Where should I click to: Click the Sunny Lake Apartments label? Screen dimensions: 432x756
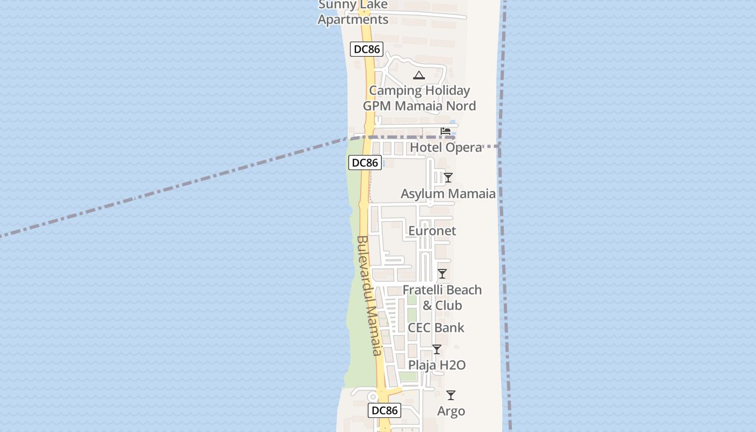pyautogui.click(x=353, y=12)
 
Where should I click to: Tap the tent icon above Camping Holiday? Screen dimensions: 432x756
pyautogui.click(x=419, y=75)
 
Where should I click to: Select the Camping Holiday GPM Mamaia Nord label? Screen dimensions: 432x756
pyautogui.click(x=419, y=98)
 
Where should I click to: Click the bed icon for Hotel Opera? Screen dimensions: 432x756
pyautogui.click(x=446, y=131)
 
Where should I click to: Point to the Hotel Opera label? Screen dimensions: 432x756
pyautogui.click(x=446, y=147)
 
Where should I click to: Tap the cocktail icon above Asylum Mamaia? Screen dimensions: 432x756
pyautogui.click(x=448, y=177)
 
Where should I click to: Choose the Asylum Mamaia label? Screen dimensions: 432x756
pyautogui.click(x=448, y=193)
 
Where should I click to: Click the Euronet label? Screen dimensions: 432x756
pyautogui.click(x=432, y=231)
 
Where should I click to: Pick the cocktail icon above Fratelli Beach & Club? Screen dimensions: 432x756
pyautogui.click(x=442, y=274)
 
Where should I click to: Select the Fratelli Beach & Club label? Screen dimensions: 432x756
pyautogui.click(x=442, y=298)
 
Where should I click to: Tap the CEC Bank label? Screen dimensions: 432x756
pyautogui.click(x=436, y=327)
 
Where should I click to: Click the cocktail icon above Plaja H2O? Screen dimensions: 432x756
pyautogui.click(x=437, y=349)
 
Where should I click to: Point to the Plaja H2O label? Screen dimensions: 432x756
pyautogui.click(x=437, y=365)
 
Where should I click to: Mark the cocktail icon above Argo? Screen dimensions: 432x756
pyautogui.click(x=451, y=395)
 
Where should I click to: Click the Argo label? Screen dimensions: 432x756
pyautogui.click(x=451, y=411)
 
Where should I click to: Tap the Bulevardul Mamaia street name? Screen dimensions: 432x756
pyautogui.click(x=369, y=296)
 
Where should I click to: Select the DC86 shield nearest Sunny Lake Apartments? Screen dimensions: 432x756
pyautogui.click(x=367, y=49)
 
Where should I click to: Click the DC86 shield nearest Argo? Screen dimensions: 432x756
pyautogui.click(x=385, y=410)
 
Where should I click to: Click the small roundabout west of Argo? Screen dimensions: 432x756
pyautogui.click(x=372, y=397)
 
